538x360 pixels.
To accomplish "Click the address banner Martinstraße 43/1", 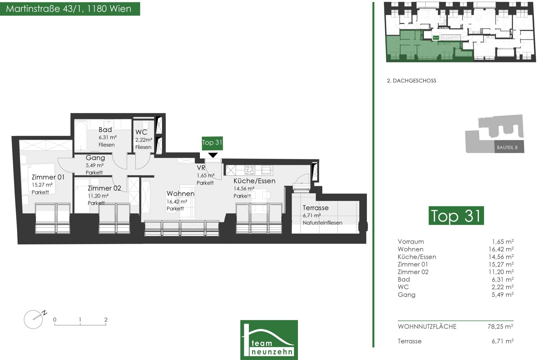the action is click(x=70, y=9).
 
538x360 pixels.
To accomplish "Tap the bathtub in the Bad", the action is click(x=81, y=136).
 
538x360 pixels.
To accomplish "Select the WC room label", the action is click(x=141, y=132).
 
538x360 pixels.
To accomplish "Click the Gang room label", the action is click(x=95, y=158).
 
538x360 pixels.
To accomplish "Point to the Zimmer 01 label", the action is click(x=48, y=177).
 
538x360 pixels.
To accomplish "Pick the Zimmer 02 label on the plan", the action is click(x=104, y=188).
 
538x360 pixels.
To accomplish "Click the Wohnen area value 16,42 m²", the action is click(x=177, y=201).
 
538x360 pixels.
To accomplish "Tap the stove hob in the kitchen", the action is click(x=250, y=170).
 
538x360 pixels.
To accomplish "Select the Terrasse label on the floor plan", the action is click(x=315, y=208).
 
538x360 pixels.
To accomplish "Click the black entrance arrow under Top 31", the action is click(x=213, y=155).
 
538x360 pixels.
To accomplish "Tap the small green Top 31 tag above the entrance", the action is click(x=212, y=143).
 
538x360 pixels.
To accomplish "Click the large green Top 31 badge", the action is click(x=456, y=215).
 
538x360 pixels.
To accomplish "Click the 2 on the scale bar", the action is click(x=106, y=320).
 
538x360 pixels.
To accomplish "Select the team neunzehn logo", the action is click(x=269, y=340).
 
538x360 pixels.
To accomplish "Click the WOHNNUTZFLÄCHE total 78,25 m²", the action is click(x=500, y=326).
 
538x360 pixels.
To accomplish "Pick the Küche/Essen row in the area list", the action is click(x=456, y=257).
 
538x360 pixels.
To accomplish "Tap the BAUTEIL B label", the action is click(x=507, y=147).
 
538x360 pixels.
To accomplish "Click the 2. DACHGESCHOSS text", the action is click(x=411, y=81).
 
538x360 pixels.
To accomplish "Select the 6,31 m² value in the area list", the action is click(x=502, y=279).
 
